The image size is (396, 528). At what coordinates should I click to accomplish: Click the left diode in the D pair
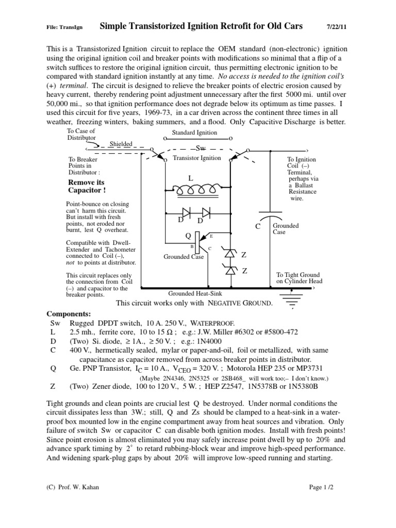click(x=187, y=212)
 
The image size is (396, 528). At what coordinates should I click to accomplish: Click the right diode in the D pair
click(x=206, y=212)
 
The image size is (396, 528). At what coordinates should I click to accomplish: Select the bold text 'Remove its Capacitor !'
click(x=86, y=187)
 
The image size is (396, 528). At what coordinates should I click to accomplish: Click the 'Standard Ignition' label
click(x=194, y=133)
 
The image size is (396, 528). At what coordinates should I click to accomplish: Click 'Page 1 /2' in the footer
click(x=321, y=486)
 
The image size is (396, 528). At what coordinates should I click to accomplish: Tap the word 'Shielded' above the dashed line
click(x=121, y=144)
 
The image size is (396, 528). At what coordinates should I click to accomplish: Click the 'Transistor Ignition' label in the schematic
click(x=197, y=158)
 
